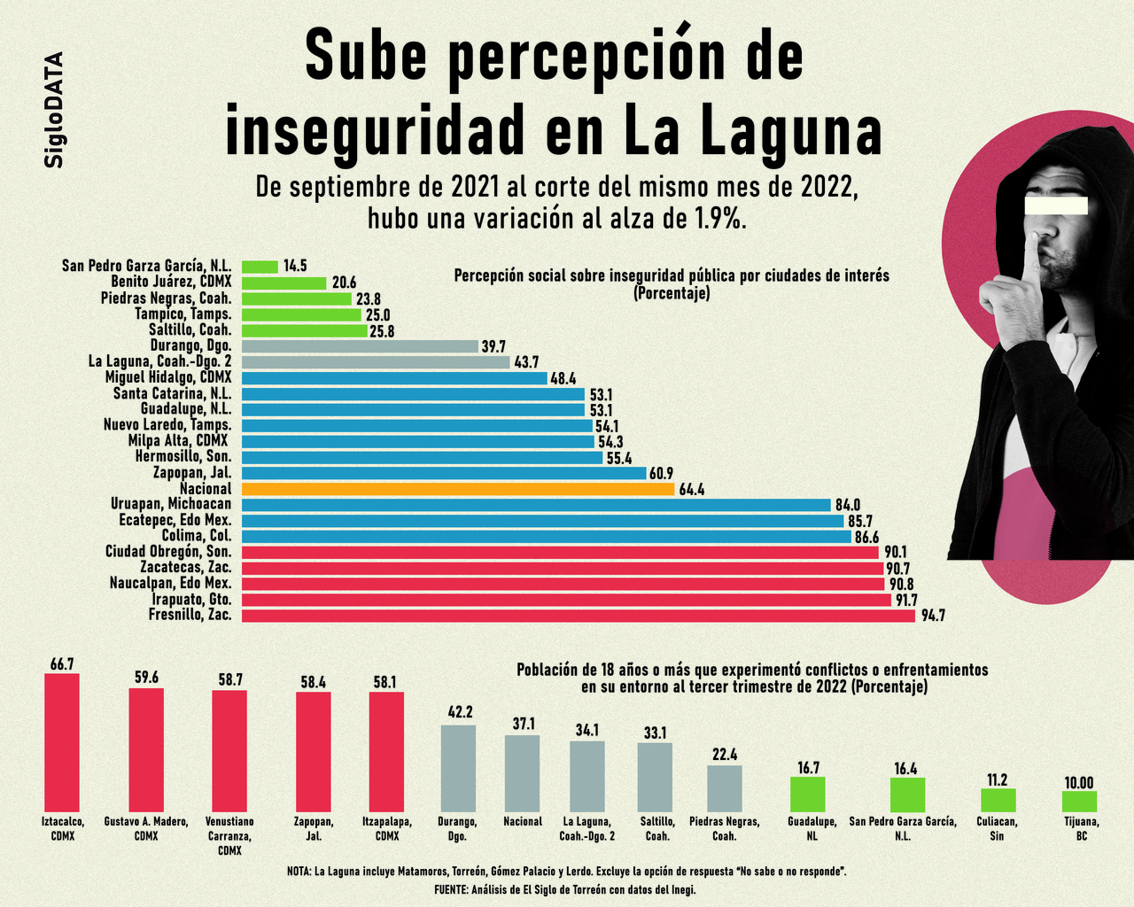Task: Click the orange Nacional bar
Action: (458, 489)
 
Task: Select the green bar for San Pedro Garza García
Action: (260, 267)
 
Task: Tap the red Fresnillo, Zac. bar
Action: (578, 616)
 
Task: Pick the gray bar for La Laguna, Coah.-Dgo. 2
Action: (376, 362)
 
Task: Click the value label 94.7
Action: (933, 616)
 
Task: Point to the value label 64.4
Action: (692, 489)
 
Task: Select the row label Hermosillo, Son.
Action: (183, 457)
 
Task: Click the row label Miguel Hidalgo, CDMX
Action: (168, 378)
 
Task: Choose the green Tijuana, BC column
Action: (1079, 802)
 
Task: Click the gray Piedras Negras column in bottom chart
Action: (724, 788)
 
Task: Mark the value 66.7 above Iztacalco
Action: (62, 663)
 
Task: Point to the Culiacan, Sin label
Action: (997, 828)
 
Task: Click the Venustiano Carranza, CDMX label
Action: (229, 835)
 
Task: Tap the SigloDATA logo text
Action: (54, 110)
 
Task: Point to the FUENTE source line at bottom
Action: (565, 889)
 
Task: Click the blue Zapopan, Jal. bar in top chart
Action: (444, 473)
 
